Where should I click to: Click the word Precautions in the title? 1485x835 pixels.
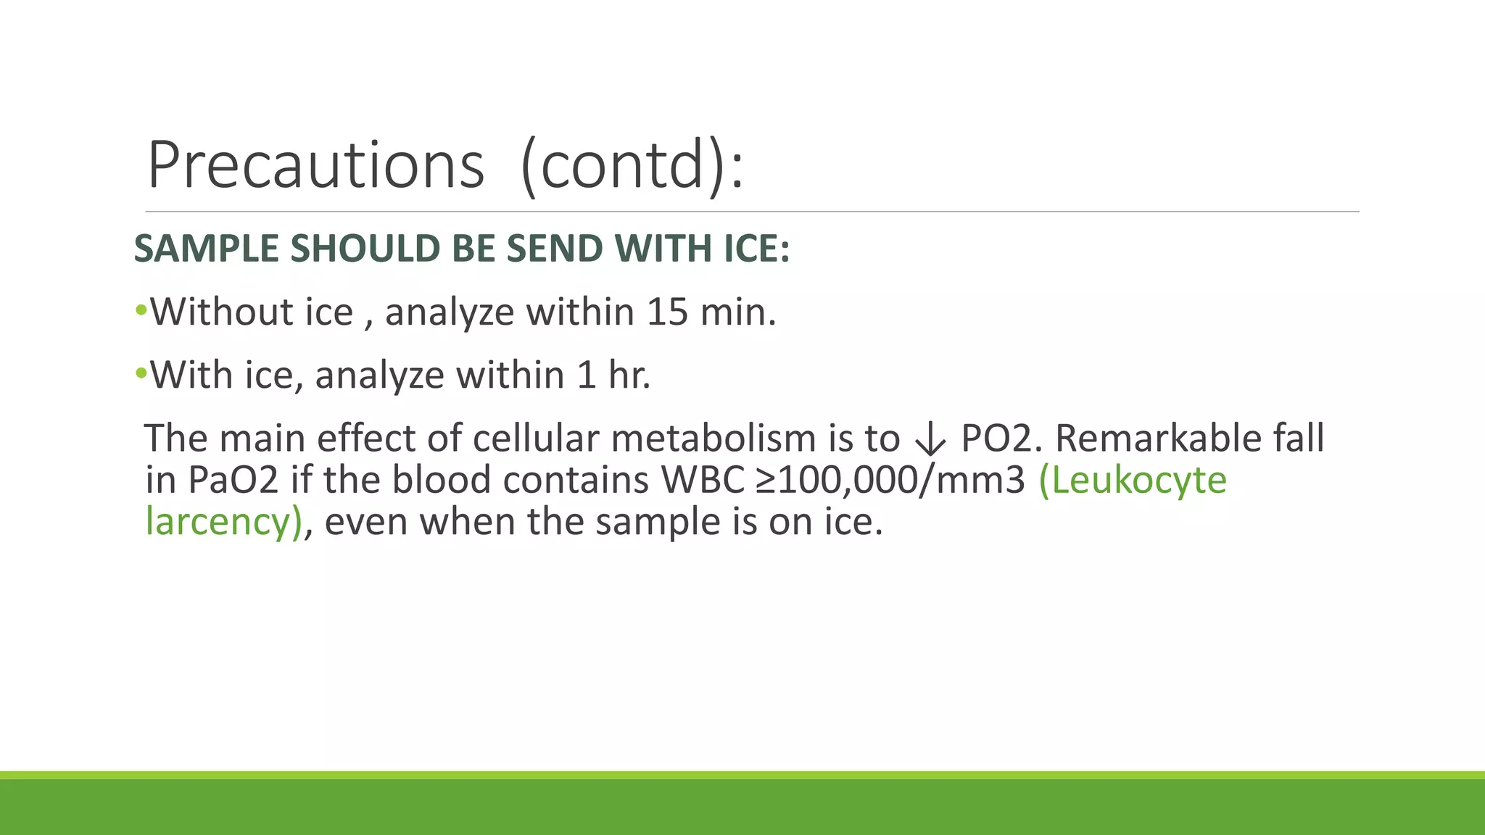(315, 165)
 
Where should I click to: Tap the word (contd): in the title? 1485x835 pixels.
(632, 165)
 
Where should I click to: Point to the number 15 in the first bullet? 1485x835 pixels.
(667, 312)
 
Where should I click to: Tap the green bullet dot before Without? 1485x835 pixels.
(141, 312)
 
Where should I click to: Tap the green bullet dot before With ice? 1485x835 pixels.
(141, 375)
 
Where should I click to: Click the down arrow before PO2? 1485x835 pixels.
(930, 439)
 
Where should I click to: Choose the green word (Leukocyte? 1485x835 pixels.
(1133, 480)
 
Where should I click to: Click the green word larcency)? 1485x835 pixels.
(223, 522)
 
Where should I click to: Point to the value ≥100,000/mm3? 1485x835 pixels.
(890, 480)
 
